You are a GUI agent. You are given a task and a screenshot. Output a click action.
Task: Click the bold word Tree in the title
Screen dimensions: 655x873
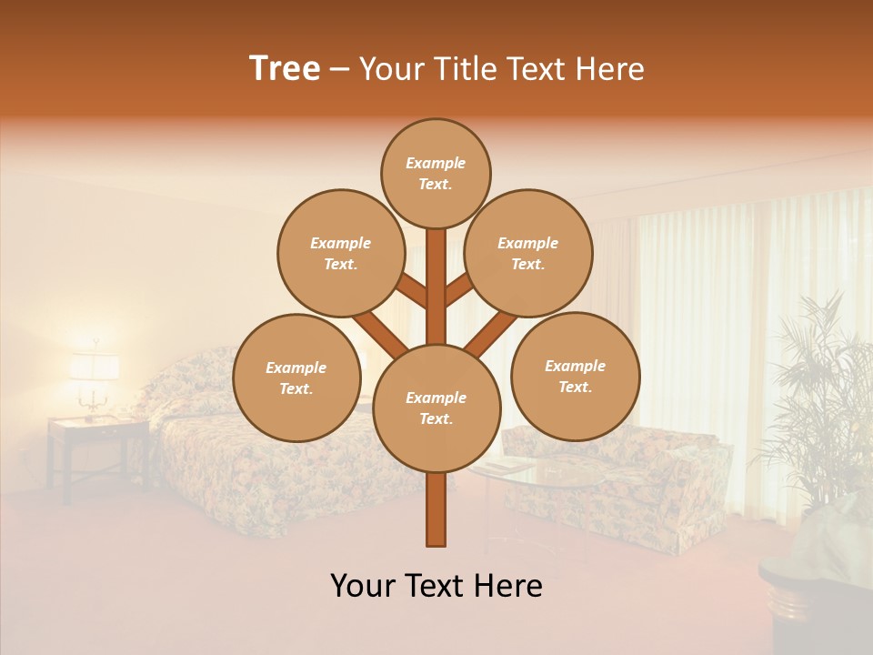(285, 69)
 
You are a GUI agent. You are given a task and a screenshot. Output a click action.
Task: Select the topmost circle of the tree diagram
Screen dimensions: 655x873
(436, 173)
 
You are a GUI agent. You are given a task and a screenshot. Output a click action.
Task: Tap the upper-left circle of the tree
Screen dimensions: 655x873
(340, 253)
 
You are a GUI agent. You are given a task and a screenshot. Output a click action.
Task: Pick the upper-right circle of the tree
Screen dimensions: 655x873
(527, 253)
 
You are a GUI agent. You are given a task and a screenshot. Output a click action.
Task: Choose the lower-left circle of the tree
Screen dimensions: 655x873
(296, 378)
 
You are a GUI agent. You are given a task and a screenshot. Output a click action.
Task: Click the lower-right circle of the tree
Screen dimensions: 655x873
(575, 376)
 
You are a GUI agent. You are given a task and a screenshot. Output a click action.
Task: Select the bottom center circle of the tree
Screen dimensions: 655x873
(436, 408)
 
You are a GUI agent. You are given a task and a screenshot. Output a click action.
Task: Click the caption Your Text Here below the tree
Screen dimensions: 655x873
(436, 586)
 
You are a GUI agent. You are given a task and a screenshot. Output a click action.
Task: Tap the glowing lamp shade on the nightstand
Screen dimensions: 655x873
(94, 367)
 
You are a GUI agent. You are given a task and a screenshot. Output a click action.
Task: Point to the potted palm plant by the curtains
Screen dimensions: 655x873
(814, 400)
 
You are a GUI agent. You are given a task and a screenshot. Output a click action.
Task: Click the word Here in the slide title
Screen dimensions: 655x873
(610, 69)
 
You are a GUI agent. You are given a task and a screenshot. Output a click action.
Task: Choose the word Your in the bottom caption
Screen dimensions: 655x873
(363, 586)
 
